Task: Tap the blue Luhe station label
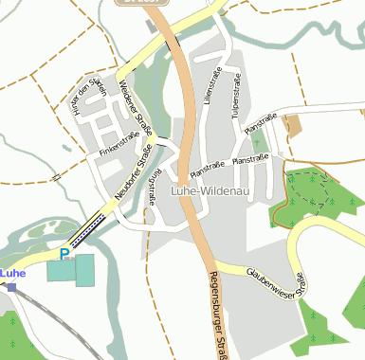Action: pyautogui.click(x=12, y=273)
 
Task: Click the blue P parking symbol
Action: pyautogui.click(x=64, y=254)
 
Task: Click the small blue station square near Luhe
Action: pyautogui.click(x=11, y=285)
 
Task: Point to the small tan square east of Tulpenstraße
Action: pyautogui.click(x=292, y=124)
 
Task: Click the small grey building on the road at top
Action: pyautogui.click(x=153, y=26)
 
